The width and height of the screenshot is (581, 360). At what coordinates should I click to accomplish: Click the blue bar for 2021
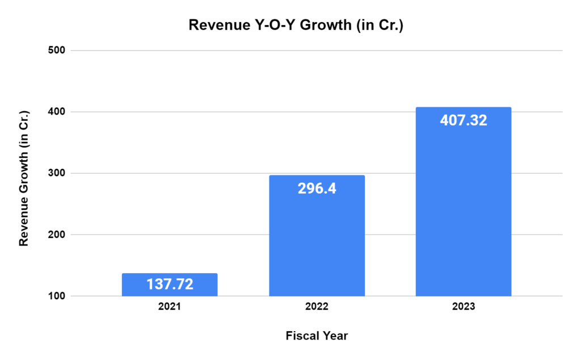pyautogui.click(x=170, y=284)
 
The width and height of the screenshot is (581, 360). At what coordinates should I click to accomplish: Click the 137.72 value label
pyautogui.click(x=170, y=284)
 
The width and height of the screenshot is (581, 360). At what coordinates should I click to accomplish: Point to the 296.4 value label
pyautogui.click(x=317, y=188)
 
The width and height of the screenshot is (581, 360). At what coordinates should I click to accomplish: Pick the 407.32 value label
pyautogui.click(x=464, y=120)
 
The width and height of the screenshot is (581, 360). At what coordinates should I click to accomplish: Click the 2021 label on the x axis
pyautogui.click(x=170, y=307)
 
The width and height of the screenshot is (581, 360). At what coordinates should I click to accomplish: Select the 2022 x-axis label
pyautogui.click(x=317, y=307)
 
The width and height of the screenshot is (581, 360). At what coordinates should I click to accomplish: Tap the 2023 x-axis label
pyautogui.click(x=464, y=307)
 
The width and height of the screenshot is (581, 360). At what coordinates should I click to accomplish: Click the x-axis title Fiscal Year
pyautogui.click(x=317, y=336)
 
